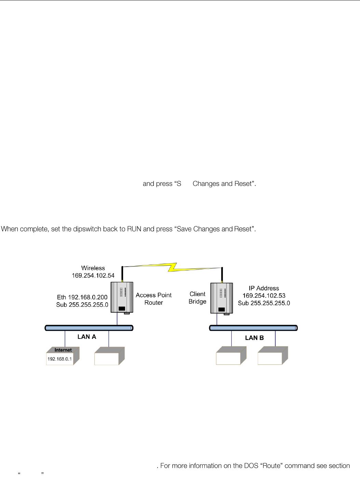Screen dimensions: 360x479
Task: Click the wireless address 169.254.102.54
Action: tap(93, 276)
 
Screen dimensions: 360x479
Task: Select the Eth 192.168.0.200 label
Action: tap(82, 297)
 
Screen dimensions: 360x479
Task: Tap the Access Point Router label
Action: tap(154, 299)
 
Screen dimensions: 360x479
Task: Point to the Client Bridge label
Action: tap(198, 298)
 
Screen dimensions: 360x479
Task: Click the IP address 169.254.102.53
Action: tap(264, 296)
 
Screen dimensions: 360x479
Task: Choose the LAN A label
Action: tap(87, 337)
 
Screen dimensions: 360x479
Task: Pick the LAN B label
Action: tap(254, 338)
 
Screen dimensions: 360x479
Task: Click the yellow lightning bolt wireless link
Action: tap(172, 267)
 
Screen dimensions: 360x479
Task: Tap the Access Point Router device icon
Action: tap(122, 297)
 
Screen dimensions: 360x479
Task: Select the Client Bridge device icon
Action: tap(222, 298)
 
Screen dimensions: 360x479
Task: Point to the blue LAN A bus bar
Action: tap(89, 328)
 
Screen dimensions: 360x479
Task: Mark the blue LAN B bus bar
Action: tap(253, 328)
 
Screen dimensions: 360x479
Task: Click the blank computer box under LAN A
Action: tap(109, 356)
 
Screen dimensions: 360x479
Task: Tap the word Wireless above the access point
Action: tap(93, 268)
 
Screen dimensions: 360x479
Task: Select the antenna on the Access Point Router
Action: tap(122, 274)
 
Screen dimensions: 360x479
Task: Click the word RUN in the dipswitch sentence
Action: tap(134, 229)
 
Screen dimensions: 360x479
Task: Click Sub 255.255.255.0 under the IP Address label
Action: tap(264, 303)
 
